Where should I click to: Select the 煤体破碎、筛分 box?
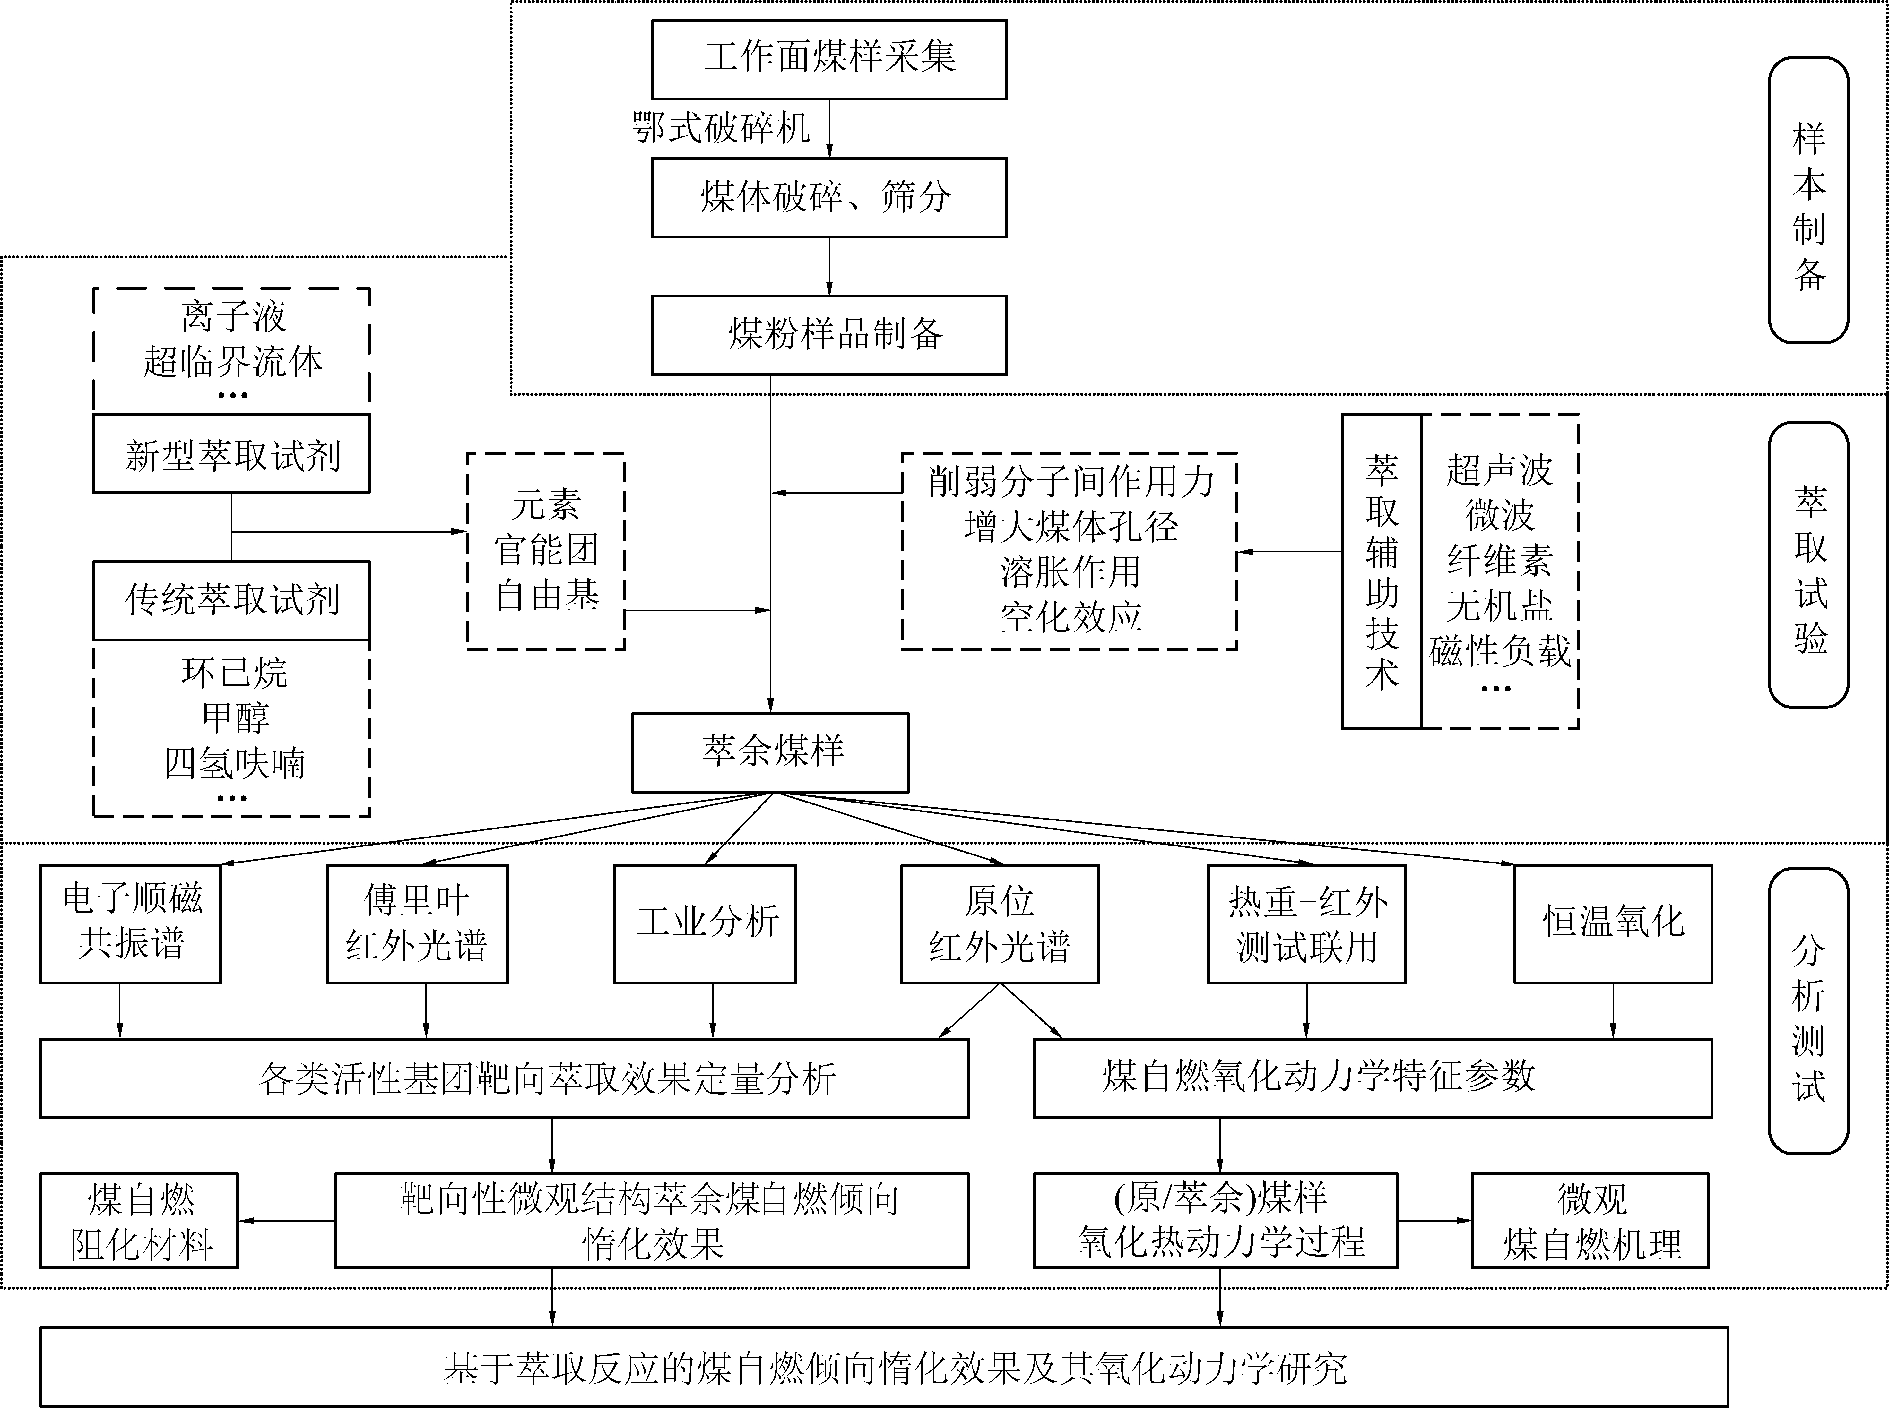click(828, 197)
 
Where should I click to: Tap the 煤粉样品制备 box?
click(828, 335)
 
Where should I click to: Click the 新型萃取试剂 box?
click(231, 454)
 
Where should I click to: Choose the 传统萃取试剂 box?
click(231, 600)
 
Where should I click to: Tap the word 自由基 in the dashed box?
click(546, 595)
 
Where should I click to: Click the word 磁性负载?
click(1499, 650)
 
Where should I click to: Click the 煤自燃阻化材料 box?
click(139, 1221)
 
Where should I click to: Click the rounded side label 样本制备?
click(1808, 200)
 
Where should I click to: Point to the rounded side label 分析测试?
click(1808, 1010)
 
